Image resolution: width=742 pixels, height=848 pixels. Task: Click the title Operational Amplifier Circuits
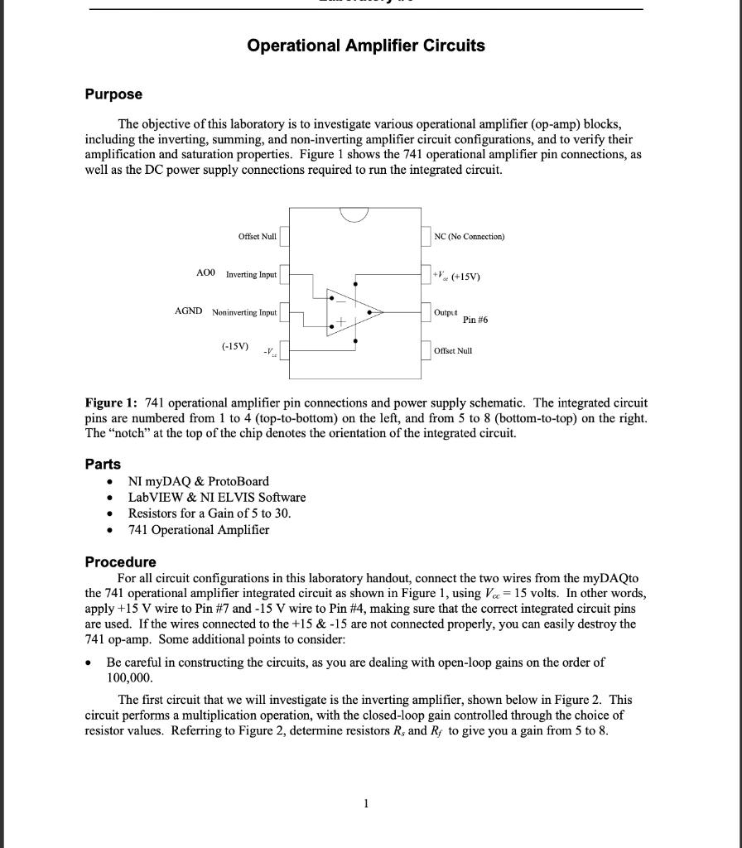pos(366,46)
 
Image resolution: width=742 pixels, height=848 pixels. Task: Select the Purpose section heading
pos(113,94)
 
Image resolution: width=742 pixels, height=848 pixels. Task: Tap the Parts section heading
pos(103,464)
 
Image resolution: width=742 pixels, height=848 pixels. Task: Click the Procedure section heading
pos(120,561)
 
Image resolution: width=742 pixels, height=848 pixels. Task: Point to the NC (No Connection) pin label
pos(470,237)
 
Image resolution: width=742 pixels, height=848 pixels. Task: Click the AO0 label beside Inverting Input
pos(205,272)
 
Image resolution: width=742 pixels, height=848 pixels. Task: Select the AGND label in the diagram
pos(188,311)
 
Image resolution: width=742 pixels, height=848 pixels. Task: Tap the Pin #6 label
pos(475,320)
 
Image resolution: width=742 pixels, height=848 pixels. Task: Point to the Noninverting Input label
pos(244,313)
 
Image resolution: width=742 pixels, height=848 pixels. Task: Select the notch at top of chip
pos(354,215)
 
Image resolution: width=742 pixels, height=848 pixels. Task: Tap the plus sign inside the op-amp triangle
pos(340,321)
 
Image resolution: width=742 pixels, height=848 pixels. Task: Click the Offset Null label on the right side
pos(453,351)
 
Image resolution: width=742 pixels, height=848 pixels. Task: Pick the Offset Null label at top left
pos(257,237)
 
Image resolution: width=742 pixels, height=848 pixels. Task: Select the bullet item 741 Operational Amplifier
pos(198,529)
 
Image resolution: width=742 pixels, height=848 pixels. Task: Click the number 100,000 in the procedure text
pos(127,677)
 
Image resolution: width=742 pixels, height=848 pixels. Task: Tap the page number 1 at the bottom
pos(366,803)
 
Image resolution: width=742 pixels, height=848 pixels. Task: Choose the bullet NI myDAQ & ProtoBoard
pos(198,481)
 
